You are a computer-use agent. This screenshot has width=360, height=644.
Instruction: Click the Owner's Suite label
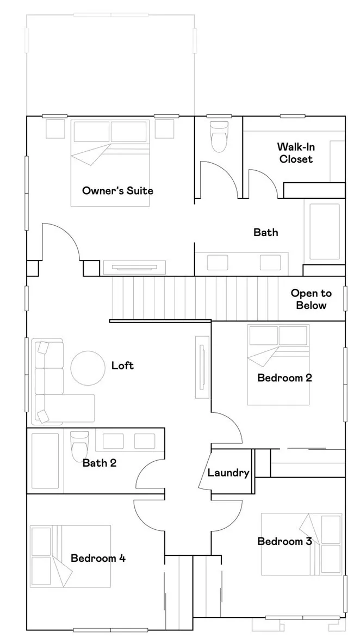click(x=117, y=190)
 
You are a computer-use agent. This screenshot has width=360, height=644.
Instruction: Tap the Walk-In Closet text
click(x=296, y=153)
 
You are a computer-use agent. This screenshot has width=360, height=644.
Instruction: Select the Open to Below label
click(x=311, y=299)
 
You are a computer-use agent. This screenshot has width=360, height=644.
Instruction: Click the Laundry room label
click(x=228, y=473)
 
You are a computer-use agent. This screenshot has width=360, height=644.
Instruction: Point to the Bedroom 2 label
click(x=284, y=377)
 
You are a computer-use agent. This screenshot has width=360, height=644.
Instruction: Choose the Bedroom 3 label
click(x=284, y=541)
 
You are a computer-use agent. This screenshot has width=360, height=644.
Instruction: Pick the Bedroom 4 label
click(x=98, y=558)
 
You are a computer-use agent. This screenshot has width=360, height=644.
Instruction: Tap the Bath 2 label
click(x=100, y=463)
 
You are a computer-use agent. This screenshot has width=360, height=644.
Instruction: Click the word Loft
click(x=122, y=366)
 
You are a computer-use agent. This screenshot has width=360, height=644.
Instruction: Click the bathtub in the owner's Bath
click(x=324, y=231)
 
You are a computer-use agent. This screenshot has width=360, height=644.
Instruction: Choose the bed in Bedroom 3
click(x=302, y=544)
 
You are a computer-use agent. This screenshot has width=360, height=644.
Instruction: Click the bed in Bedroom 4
click(x=71, y=556)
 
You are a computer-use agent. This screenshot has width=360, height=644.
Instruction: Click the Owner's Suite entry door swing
click(x=61, y=242)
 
